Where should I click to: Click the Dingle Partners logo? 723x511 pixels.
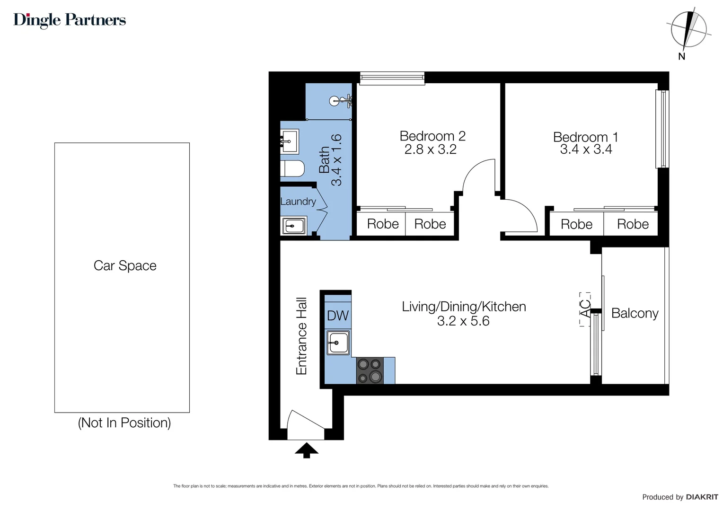[x=70, y=20]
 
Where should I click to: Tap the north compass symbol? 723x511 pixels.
[x=688, y=29]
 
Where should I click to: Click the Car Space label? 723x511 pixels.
[x=125, y=266]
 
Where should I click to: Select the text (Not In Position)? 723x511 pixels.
[x=124, y=423]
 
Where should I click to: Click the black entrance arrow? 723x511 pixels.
[x=307, y=450]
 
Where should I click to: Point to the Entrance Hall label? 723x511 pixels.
[x=301, y=336]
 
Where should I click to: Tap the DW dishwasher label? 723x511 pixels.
[x=338, y=316]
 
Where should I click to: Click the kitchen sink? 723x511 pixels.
[x=338, y=343]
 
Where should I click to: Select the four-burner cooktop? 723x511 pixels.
[x=370, y=370]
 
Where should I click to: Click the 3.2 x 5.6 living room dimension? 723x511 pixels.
[x=463, y=321]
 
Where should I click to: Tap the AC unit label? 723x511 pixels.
[x=586, y=309]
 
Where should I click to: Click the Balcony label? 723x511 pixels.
[x=635, y=313]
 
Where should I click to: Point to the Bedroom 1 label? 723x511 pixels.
[x=585, y=137]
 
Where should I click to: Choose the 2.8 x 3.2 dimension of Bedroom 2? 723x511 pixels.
[x=430, y=150]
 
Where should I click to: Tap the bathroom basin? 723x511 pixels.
[x=290, y=141]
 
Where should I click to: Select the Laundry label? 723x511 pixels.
[x=298, y=202]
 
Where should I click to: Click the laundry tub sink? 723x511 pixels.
[x=294, y=226]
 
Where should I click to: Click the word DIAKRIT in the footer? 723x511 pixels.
[x=702, y=497]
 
